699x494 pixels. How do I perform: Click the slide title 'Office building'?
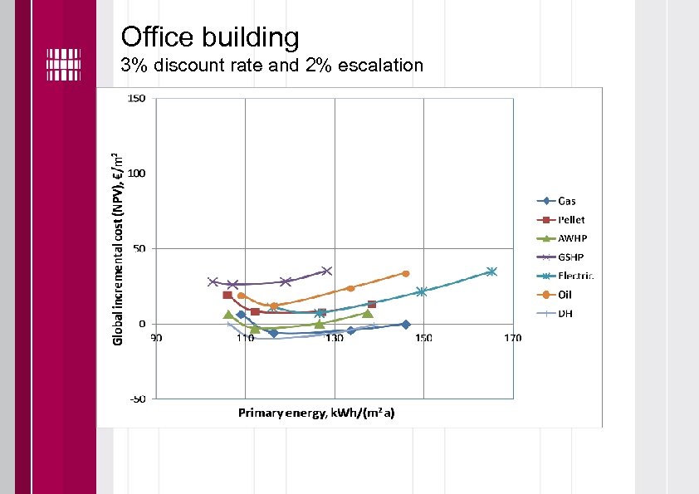pos(209,37)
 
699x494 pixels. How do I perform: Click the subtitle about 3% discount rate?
pos(271,65)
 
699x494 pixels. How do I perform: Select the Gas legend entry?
pos(566,201)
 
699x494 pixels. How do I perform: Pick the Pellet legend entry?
pos(570,220)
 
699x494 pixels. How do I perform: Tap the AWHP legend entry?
pos(571,238)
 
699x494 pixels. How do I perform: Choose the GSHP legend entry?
pos(570,257)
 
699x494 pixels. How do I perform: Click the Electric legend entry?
pos(575,276)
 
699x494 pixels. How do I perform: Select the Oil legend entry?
pos(565,295)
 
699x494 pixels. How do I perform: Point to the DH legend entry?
pos(565,313)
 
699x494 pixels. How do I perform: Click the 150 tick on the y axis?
pos(135,99)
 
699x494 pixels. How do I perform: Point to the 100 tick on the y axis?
pos(135,174)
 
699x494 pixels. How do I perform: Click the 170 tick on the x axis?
pos(512,338)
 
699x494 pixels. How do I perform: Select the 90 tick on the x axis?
pos(156,338)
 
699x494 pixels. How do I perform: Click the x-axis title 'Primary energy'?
pos(316,413)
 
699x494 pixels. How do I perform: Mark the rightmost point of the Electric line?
pos(491,271)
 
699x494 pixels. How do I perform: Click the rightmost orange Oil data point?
pos(406,273)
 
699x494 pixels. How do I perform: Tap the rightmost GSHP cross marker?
pos(326,271)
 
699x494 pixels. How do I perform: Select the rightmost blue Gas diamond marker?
pos(405,325)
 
